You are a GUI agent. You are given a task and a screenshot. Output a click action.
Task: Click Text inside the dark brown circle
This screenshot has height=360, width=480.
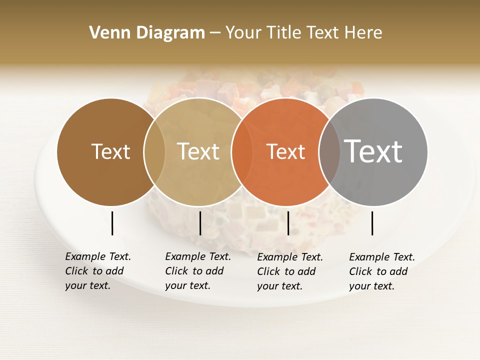(110, 151)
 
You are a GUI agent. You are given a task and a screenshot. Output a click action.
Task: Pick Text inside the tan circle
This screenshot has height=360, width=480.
(198, 151)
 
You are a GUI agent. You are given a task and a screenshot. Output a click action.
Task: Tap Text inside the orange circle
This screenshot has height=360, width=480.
(286, 151)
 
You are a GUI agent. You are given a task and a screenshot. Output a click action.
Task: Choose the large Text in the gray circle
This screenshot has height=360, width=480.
(373, 151)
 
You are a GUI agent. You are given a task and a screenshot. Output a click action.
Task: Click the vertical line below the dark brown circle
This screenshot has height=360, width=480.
(112, 223)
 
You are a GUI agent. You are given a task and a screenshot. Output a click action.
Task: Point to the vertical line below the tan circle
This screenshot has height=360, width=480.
(200, 223)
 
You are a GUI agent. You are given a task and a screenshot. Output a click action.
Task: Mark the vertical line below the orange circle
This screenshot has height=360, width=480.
(288, 223)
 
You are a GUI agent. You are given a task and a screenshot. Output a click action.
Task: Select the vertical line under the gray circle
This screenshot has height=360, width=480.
(372, 223)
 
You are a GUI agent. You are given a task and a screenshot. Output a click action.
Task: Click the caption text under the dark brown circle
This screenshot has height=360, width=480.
(98, 271)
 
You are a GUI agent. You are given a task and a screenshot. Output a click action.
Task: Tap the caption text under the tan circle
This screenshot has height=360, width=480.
(198, 271)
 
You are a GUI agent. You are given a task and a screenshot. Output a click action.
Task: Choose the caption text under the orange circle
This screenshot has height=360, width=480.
(290, 271)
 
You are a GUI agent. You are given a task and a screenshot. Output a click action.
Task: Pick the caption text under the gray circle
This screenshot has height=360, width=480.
(382, 271)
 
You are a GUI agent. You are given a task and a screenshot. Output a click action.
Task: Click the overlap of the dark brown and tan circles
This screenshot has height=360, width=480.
(154, 151)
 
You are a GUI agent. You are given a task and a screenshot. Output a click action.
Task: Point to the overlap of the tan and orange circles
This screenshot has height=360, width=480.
(242, 151)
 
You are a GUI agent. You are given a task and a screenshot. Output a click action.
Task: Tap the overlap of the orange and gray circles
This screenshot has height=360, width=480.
(329, 151)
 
